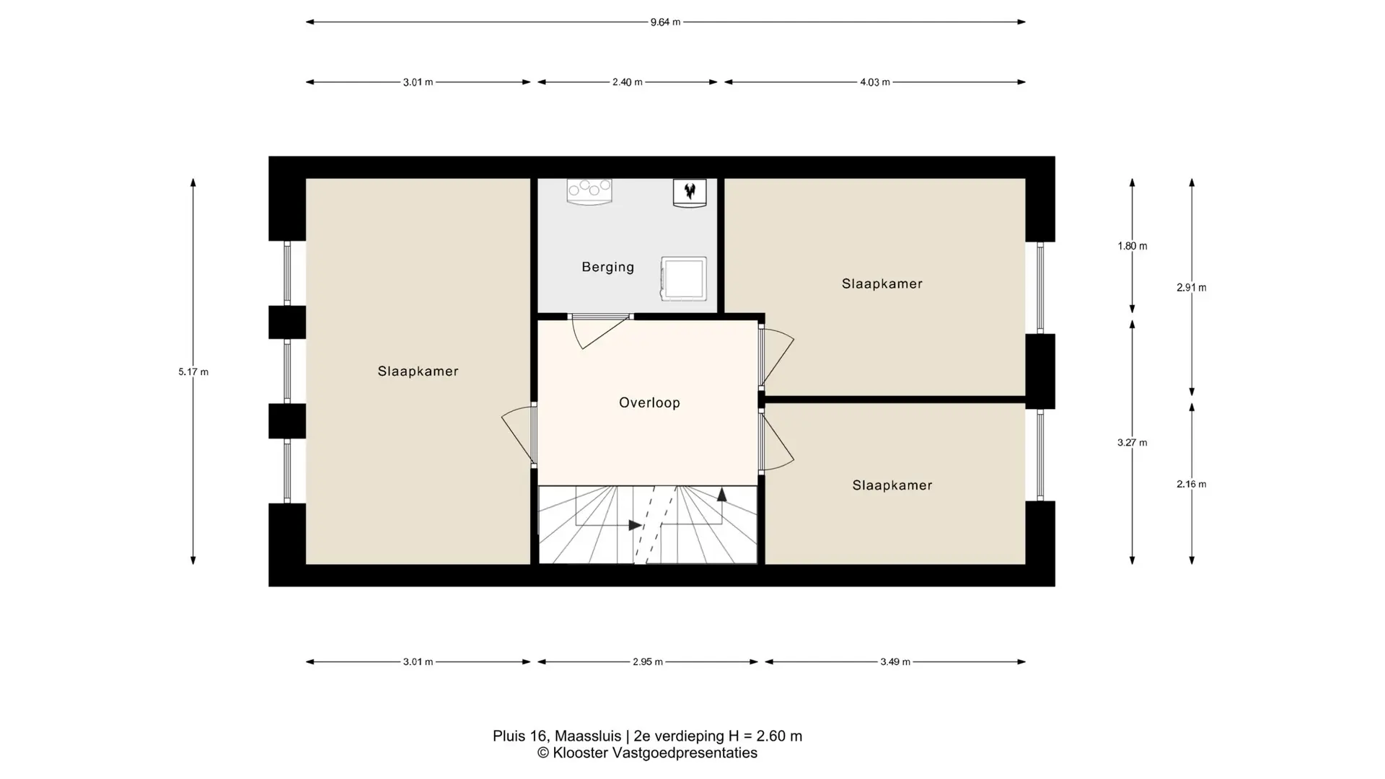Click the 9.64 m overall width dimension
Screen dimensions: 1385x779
point(665,22)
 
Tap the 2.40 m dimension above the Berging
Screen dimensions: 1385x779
point(627,82)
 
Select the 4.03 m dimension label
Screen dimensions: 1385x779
point(874,82)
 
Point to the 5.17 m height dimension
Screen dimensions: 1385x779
point(193,372)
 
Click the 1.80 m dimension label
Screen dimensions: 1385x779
point(1132,246)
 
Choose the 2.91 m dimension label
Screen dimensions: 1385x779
point(1191,287)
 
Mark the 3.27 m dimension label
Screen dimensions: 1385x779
point(1132,443)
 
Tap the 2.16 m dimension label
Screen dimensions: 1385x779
point(1191,484)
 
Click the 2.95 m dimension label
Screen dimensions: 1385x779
point(647,661)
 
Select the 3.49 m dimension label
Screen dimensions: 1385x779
point(894,661)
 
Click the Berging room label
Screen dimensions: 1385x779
point(608,268)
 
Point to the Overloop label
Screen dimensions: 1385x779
point(649,402)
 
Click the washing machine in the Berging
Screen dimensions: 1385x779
point(683,278)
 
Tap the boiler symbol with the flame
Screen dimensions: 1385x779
point(690,193)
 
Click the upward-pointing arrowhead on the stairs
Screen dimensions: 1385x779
point(721,494)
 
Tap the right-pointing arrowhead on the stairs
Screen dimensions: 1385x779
point(636,525)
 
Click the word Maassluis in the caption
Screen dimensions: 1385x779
point(587,736)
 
